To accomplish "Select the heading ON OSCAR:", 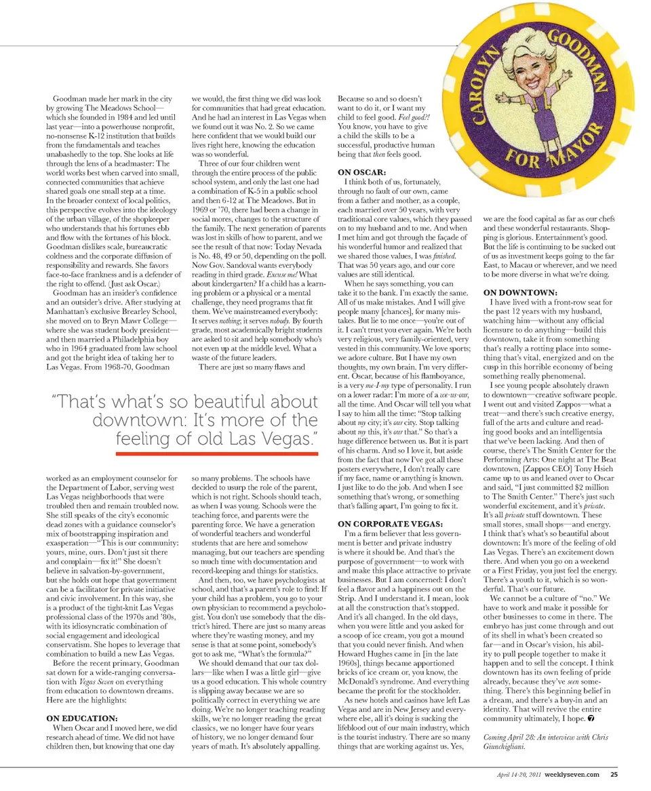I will [x=362, y=172].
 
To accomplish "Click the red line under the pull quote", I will [x=217, y=453].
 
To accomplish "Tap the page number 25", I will [x=613, y=775].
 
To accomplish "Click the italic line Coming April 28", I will [x=545, y=737].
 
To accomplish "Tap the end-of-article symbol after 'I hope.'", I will [x=591, y=718].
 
